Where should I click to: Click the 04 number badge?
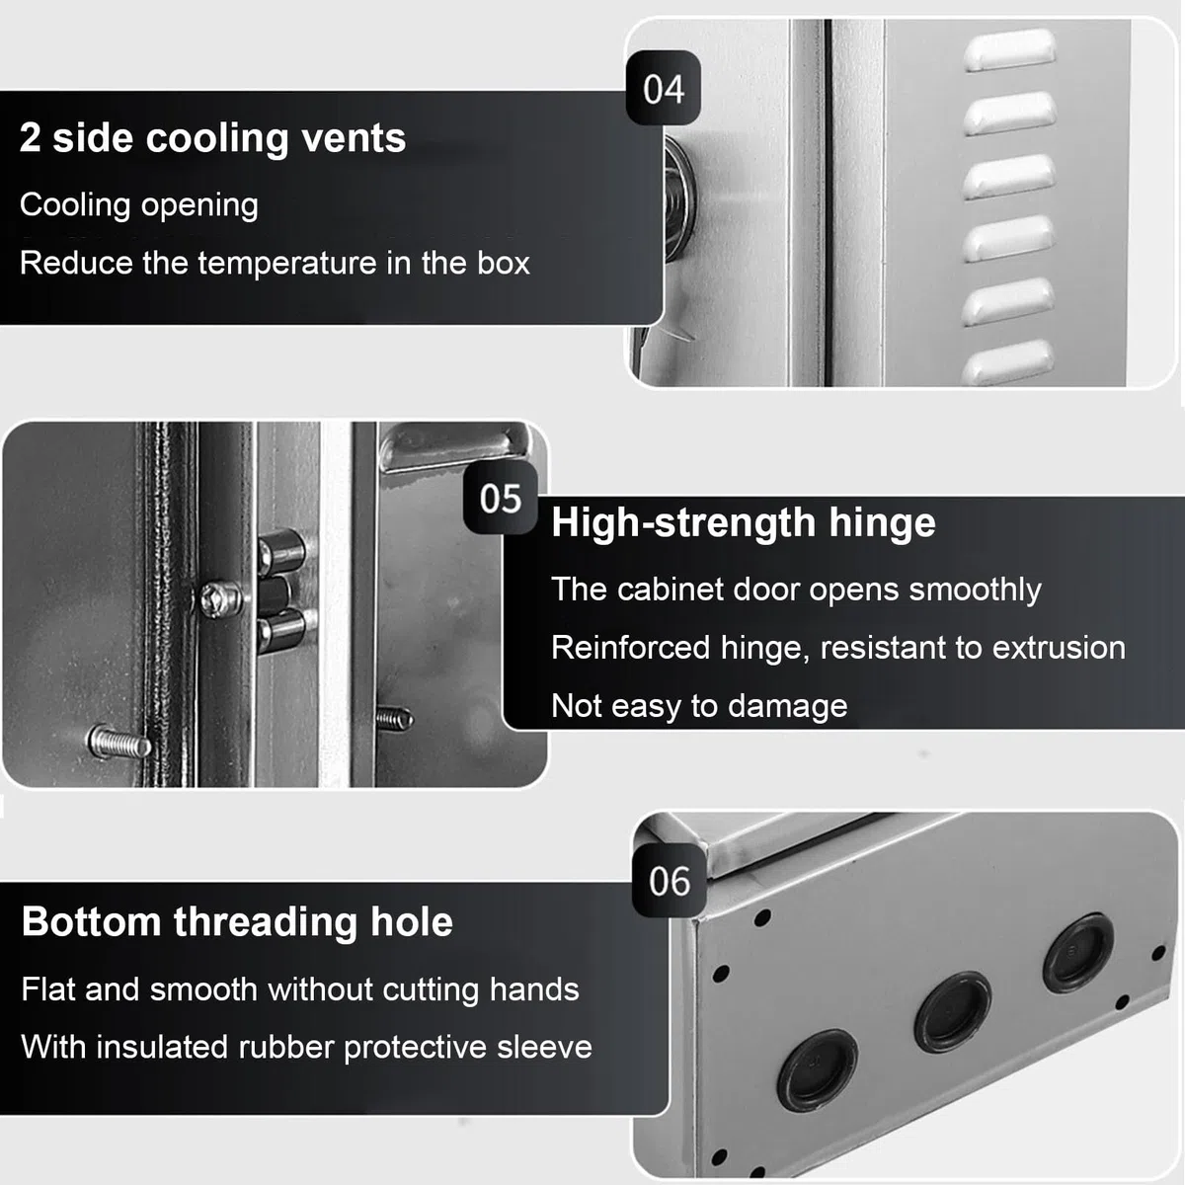pyautogui.click(x=663, y=87)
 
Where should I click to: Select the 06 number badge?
pyautogui.click(x=670, y=880)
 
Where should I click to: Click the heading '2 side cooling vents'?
pyautogui.click(x=212, y=137)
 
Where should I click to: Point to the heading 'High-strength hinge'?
pyautogui.click(x=743, y=523)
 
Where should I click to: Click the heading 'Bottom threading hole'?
pyautogui.click(x=237, y=922)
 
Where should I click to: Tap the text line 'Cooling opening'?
pyautogui.click(x=139, y=204)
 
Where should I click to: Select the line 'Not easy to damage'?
pyautogui.click(x=699, y=706)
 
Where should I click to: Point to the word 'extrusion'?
pyautogui.click(x=1059, y=648)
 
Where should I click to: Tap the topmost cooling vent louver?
pyautogui.click(x=1010, y=49)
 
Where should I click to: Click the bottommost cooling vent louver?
pyautogui.click(x=1007, y=361)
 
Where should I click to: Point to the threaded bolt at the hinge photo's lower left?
pyautogui.click(x=119, y=742)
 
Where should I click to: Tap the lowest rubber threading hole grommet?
pyautogui.click(x=818, y=1071)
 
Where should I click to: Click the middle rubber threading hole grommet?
pyautogui.click(x=953, y=1013)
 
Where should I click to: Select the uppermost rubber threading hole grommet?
pyautogui.click(x=1078, y=953)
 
